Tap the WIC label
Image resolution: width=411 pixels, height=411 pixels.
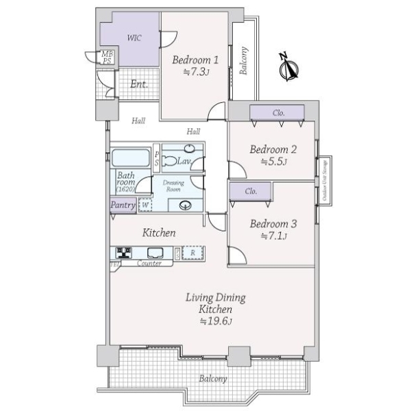tap(134, 38)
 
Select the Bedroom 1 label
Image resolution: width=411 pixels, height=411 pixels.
tap(195, 59)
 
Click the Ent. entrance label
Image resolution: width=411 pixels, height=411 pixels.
tap(139, 85)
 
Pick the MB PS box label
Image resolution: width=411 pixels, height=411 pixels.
tap(108, 58)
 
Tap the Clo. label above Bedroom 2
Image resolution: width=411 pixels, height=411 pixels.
tap(278, 112)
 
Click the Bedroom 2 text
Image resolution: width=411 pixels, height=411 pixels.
tap(273, 149)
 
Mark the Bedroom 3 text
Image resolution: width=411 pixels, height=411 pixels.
tap(273, 223)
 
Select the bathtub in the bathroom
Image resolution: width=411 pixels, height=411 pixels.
tap(131, 158)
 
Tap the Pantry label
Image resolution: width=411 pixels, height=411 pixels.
tap(123, 204)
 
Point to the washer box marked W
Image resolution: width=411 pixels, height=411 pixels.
tap(145, 204)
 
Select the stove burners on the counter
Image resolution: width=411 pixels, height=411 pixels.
tap(125, 252)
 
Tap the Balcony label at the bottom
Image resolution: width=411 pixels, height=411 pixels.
tap(213, 379)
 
